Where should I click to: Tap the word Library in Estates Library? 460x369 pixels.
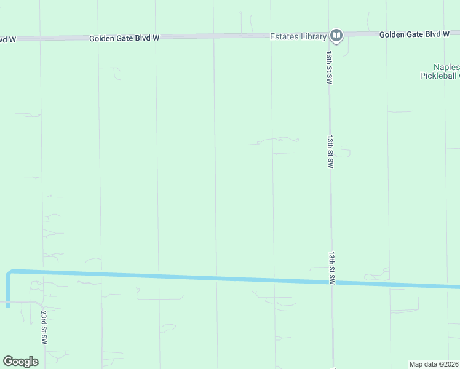313,37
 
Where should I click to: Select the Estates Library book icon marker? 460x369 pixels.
336,35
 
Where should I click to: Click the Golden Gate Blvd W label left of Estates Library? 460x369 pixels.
124,38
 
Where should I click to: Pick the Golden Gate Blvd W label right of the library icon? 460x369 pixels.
414,34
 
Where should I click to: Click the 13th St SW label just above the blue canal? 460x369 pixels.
331,268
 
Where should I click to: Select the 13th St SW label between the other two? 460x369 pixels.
330,152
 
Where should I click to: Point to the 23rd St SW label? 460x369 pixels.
44,327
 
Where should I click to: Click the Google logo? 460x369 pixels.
20,362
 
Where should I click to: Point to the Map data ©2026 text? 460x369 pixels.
434,364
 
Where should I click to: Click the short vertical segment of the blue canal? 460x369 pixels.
9,289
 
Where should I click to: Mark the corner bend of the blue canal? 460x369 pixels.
9,272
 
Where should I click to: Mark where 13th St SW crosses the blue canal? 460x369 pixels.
331,283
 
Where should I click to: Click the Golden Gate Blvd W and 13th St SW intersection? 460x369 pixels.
328,34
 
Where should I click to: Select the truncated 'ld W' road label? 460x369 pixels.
7,39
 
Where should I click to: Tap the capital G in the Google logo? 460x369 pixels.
7,362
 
